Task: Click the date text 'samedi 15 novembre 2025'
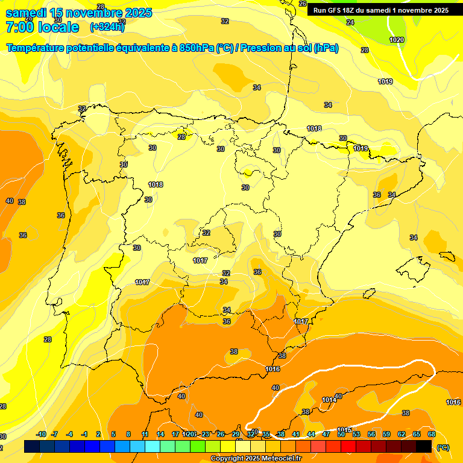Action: click(78, 13)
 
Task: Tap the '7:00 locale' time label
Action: click(42, 27)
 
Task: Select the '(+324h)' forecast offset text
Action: click(107, 27)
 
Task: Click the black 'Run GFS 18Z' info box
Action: click(380, 10)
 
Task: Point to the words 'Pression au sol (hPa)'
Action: click(289, 48)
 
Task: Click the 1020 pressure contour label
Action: click(397, 40)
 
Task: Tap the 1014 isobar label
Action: click(329, 400)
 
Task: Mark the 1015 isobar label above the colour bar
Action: click(344, 430)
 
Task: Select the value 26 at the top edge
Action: click(303, 4)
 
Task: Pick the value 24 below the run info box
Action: click(350, 22)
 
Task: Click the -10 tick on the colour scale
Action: click(41, 435)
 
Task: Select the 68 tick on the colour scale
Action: click(432, 435)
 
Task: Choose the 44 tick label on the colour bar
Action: click(311, 435)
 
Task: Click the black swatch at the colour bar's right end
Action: click(424, 446)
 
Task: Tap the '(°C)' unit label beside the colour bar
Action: click(443, 447)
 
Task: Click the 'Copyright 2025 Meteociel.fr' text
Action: click(256, 459)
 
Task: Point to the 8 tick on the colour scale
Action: click(128, 435)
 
